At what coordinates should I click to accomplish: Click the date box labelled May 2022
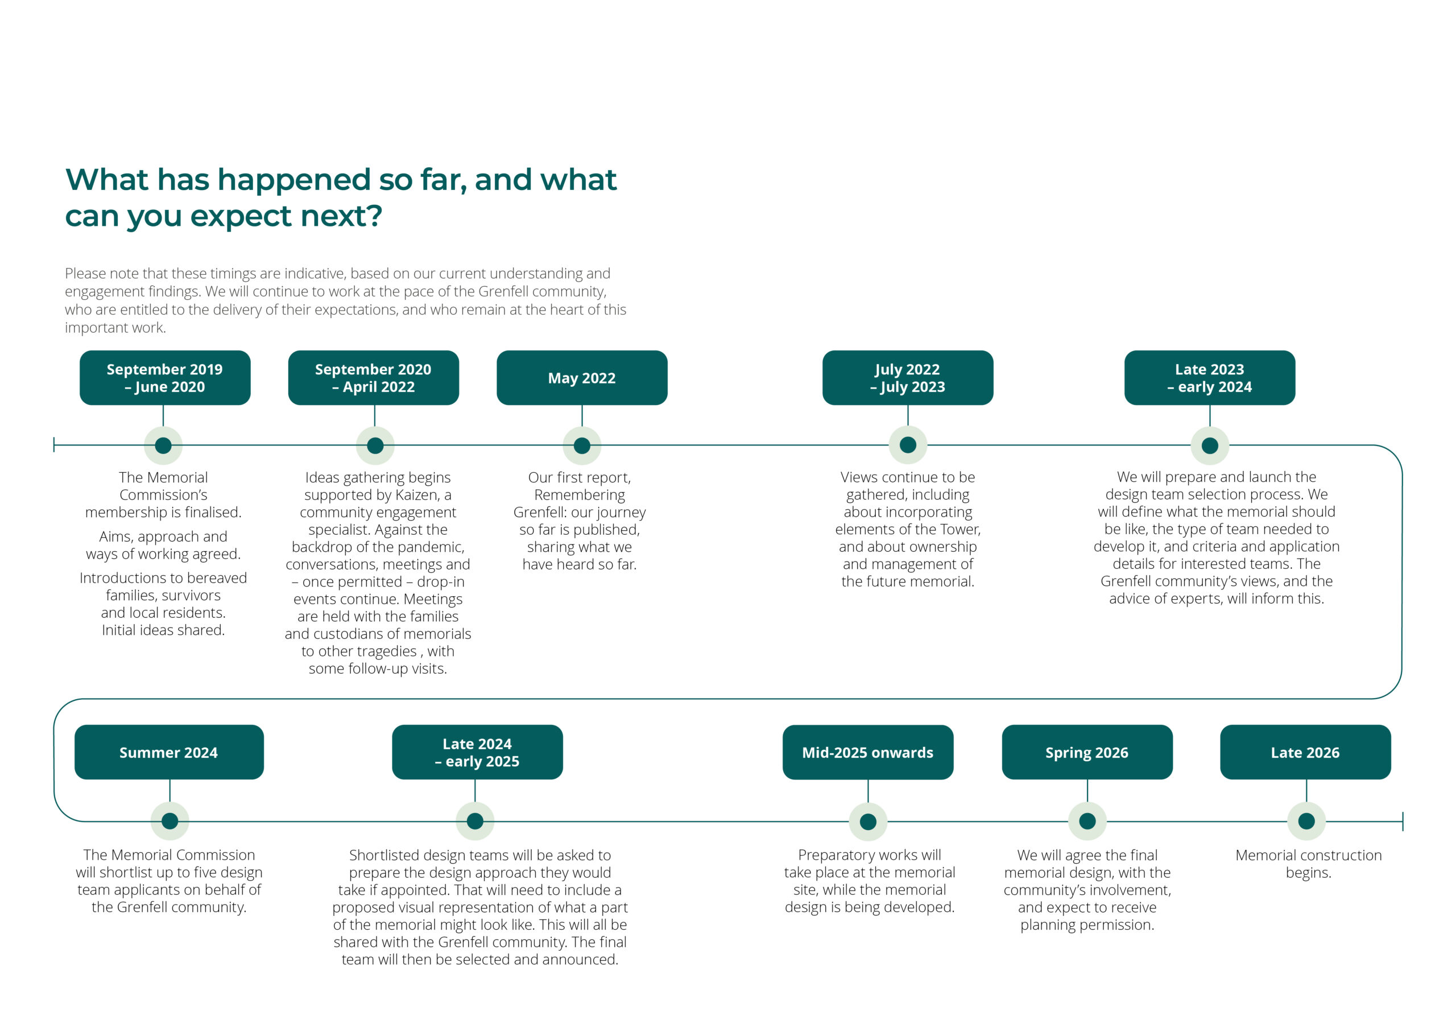(x=582, y=378)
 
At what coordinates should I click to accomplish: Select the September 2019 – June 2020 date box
(x=164, y=378)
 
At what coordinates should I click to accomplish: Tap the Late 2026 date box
(x=1305, y=752)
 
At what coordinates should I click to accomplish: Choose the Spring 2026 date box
(x=1087, y=752)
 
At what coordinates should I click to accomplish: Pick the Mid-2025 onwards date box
(x=868, y=752)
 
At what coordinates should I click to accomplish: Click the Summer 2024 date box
(x=169, y=752)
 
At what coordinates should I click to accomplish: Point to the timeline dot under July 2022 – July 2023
(x=908, y=445)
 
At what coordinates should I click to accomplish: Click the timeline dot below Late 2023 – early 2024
(x=1210, y=445)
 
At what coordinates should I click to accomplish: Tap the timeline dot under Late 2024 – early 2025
(x=475, y=821)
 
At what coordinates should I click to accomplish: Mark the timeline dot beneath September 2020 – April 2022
(x=375, y=445)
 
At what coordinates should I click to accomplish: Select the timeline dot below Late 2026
(x=1306, y=821)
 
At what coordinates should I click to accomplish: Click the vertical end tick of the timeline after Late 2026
(x=1403, y=821)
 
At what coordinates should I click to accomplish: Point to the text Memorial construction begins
(x=1308, y=864)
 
